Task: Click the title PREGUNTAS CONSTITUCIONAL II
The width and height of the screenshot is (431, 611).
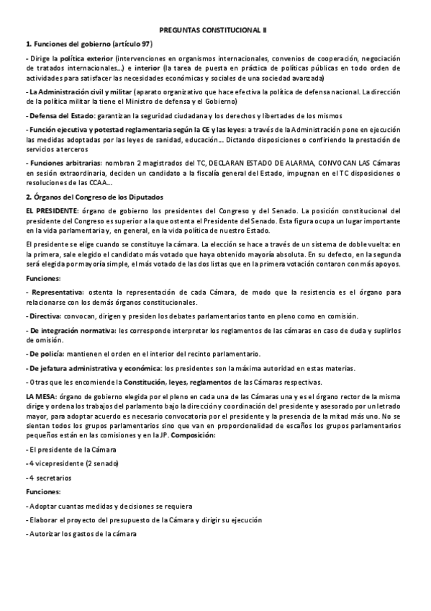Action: coord(215,30)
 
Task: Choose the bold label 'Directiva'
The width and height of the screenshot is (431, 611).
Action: coord(45,316)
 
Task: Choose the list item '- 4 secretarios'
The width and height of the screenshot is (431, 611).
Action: coord(50,478)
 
